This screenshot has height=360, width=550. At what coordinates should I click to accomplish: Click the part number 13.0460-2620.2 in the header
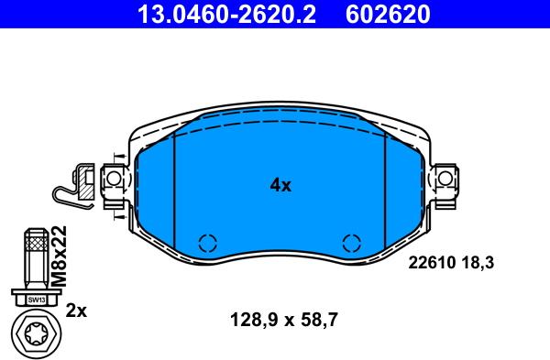pos(226,14)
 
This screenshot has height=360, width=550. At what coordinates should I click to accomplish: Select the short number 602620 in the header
pos(388,14)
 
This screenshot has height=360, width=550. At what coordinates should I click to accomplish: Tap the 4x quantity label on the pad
pos(280,185)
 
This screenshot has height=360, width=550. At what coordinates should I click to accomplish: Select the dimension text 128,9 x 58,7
pos(284,320)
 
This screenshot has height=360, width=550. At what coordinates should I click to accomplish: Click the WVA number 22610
pos(432,262)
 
